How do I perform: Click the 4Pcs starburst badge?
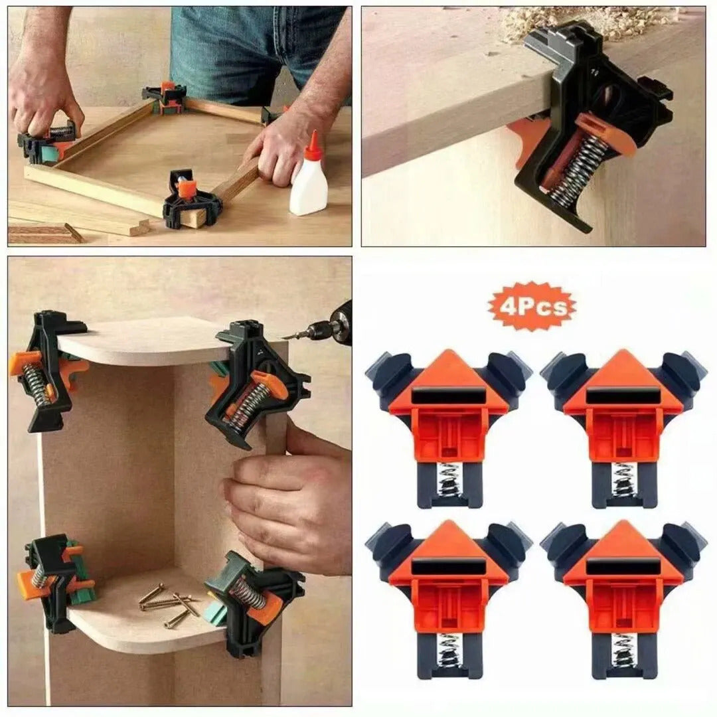tap(532, 306)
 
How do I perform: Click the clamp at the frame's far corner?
tap(166, 96)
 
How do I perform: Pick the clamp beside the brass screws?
tap(252, 597)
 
